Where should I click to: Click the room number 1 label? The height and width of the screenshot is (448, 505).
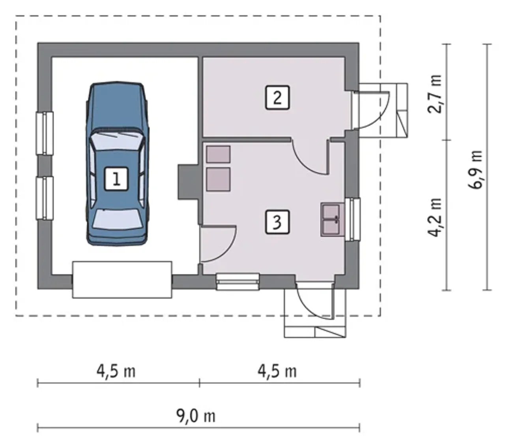(x=116, y=179)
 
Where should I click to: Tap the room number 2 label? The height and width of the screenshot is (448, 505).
(x=277, y=98)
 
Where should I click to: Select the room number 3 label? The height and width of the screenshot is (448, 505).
(x=277, y=222)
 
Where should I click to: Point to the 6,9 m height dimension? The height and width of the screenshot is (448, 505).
(x=475, y=170)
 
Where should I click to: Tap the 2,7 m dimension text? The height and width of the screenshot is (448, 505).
(x=434, y=94)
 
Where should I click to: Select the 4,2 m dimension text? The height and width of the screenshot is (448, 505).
(x=434, y=217)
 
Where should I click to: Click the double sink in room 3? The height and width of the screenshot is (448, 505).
(x=333, y=220)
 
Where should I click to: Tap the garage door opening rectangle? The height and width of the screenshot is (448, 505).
(x=122, y=280)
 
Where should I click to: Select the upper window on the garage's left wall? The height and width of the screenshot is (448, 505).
(x=45, y=134)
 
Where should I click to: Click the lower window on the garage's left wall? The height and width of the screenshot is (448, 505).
(x=45, y=198)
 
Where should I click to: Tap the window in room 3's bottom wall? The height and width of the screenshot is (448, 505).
(x=238, y=282)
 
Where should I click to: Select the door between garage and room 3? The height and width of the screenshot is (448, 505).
(x=218, y=243)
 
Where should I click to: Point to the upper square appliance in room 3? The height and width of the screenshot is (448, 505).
(x=218, y=154)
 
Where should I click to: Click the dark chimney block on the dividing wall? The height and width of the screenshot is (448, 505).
(x=189, y=182)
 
